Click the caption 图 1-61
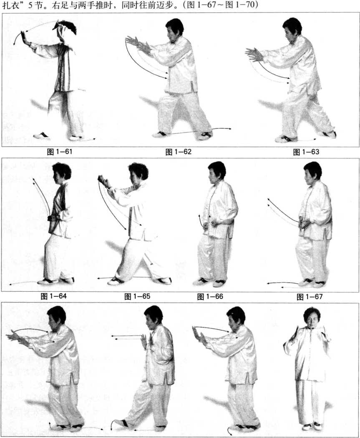[x=60, y=152]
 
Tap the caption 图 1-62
[x=179, y=152]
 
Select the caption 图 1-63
[x=306, y=152]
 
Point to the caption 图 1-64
[x=54, y=296]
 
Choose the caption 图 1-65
[x=137, y=296]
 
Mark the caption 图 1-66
[x=210, y=297]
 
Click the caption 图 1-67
[x=310, y=297]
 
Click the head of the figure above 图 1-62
[x=174, y=29]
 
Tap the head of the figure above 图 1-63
[x=292, y=29]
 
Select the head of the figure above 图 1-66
[x=217, y=173]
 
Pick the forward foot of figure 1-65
[x=116, y=281]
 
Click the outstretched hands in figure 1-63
[x=254, y=55]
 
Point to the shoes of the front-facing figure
[x=312, y=426]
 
